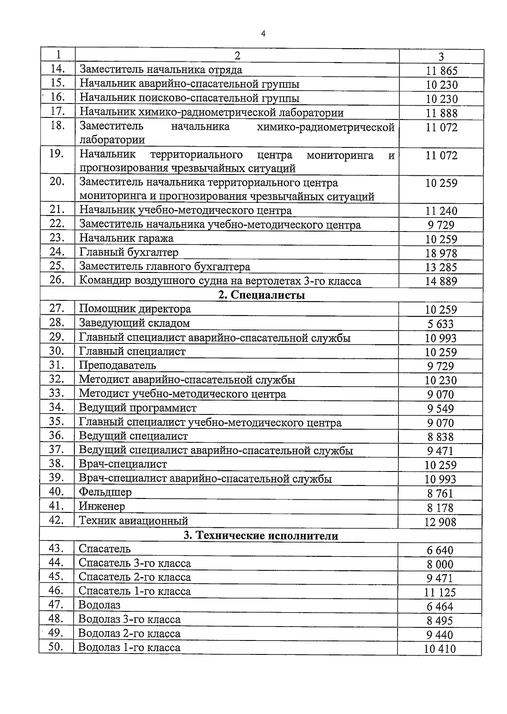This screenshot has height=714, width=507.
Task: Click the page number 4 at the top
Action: pyautogui.click(x=263, y=34)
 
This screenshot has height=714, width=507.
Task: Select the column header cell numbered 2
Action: pyautogui.click(x=237, y=56)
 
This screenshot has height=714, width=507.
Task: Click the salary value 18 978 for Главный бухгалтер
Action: pyautogui.click(x=441, y=253)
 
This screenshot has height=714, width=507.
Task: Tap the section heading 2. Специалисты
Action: pyautogui.click(x=262, y=295)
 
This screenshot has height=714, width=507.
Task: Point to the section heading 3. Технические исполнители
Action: pyautogui.click(x=261, y=536)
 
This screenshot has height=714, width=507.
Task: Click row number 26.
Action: pyautogui.click(x=57, y=280)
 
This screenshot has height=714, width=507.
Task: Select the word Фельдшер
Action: pyautogui.click(x=105, y=492)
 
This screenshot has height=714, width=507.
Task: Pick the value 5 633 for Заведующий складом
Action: pyautogui.click(x=441, y=324)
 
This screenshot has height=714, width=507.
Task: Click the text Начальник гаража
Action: pyautogui.click(x=126, y=238)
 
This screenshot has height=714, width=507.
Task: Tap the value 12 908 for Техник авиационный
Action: pyautogui.click(x=440, y=522)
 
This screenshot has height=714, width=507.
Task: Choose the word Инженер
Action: pyautogui.click(x=102, y=506)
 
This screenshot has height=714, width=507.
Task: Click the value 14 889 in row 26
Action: pyautogui.click(x=441, y=281)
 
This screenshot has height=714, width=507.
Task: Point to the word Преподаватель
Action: pyautogui.click(x=117, y=365)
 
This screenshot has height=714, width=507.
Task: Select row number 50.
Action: pyautogui.click(x=56, y=647)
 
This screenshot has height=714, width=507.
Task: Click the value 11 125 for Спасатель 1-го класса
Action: pyautogui.click(x=440, y=592)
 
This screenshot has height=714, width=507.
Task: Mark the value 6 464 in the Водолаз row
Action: pyautogui.click(x=440, y=607)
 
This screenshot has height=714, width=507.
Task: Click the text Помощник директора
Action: pyautogui.click(x=135, y=309)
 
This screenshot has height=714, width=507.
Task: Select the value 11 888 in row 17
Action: pyautogui.click(x=442, y=113)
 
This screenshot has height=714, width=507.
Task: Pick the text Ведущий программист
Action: pyautogui.click(x=138, y=408)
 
